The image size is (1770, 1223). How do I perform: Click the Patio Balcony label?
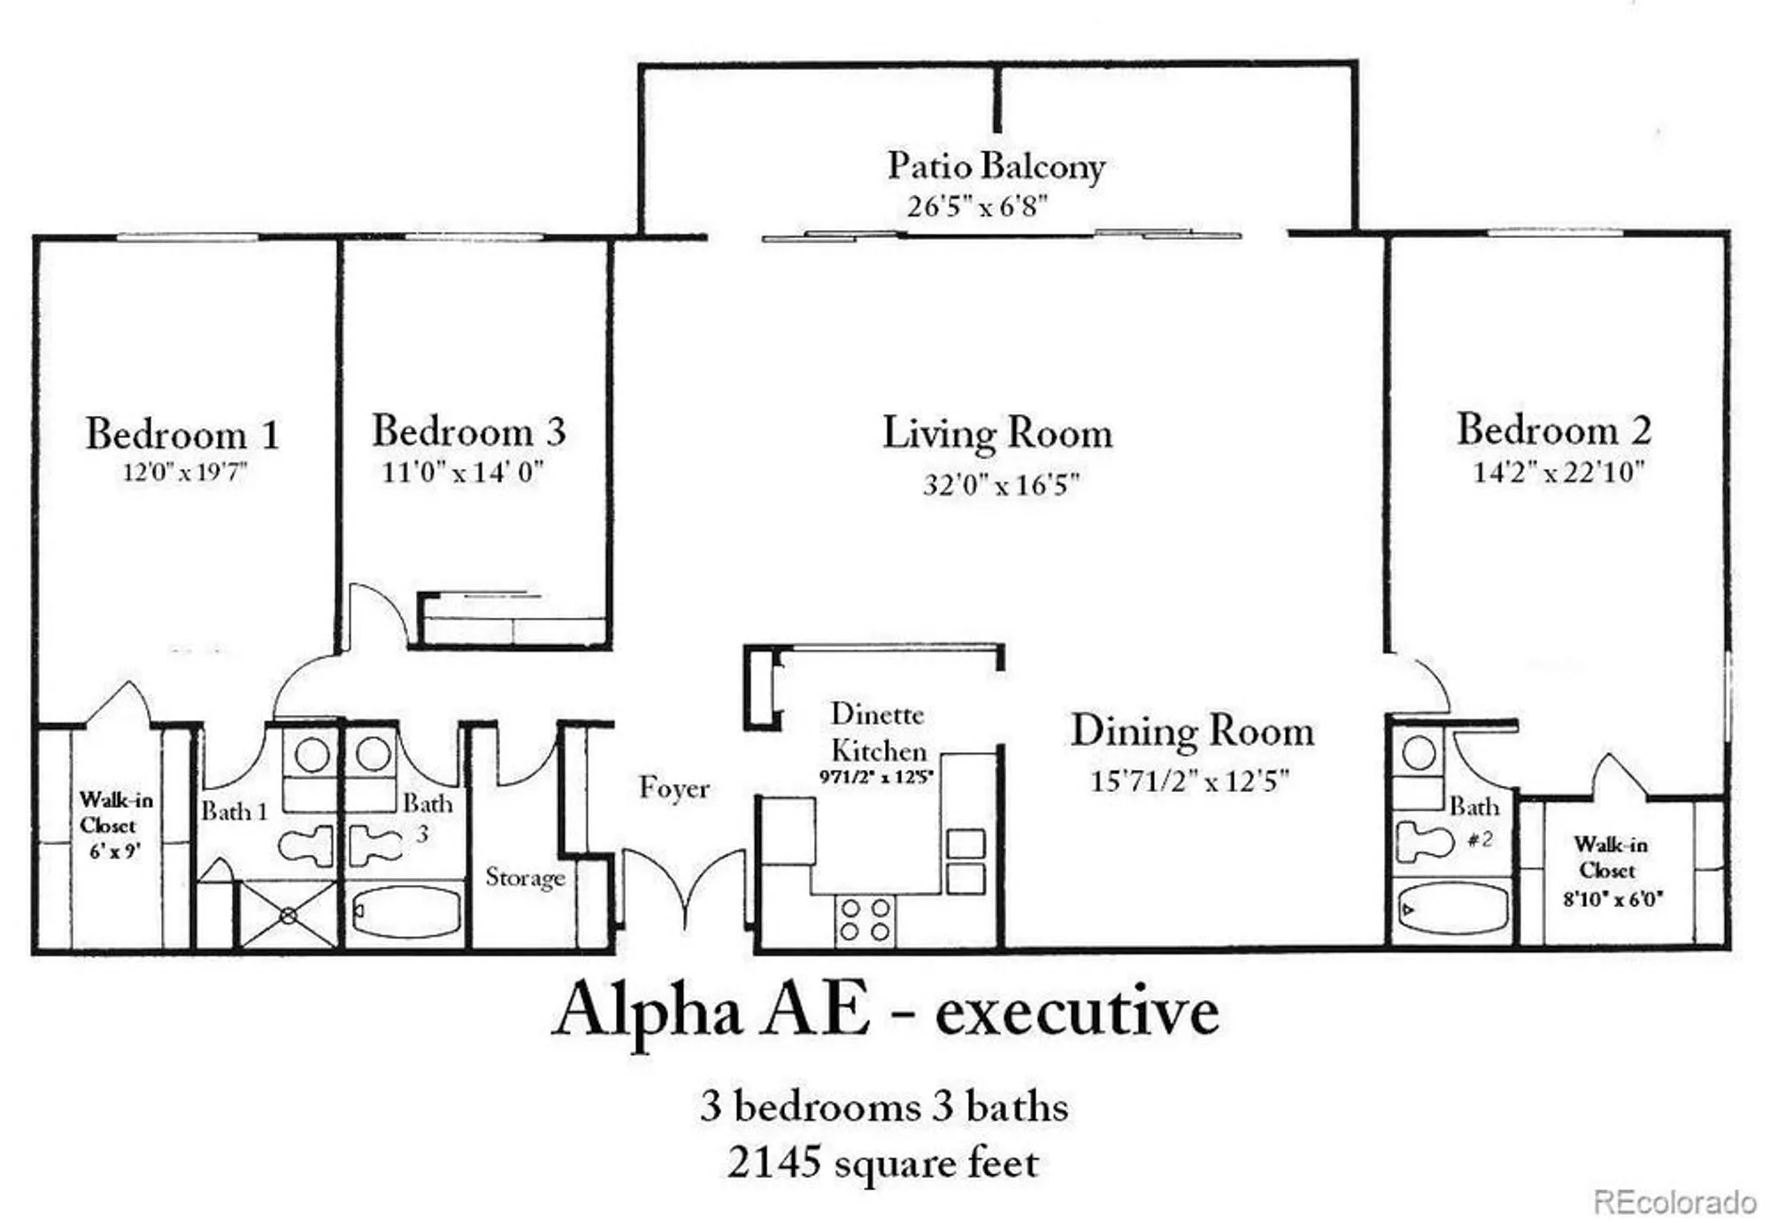[996, 166]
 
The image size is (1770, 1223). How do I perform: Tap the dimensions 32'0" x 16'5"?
[1000, 485]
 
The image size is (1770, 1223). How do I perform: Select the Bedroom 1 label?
[182, 434]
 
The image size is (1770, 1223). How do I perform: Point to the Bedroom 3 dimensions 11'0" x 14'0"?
[462, 472]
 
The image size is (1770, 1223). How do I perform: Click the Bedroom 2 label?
[1553, 430]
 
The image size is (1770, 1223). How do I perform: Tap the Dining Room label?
[1191, 731]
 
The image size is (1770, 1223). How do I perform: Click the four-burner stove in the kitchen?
[865, 919]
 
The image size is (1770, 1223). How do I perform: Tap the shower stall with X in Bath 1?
[288, 915]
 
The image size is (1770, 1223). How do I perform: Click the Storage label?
[525, 877]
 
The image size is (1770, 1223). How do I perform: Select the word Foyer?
[673, 788]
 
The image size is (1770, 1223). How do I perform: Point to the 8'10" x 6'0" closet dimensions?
[1612, 899]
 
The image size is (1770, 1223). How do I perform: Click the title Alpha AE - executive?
[885, 1011]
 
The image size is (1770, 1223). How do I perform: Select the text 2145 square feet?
[882, 1163]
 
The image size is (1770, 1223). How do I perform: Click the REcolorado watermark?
[1674, 1202]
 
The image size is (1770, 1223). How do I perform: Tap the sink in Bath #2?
[1419, 754]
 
